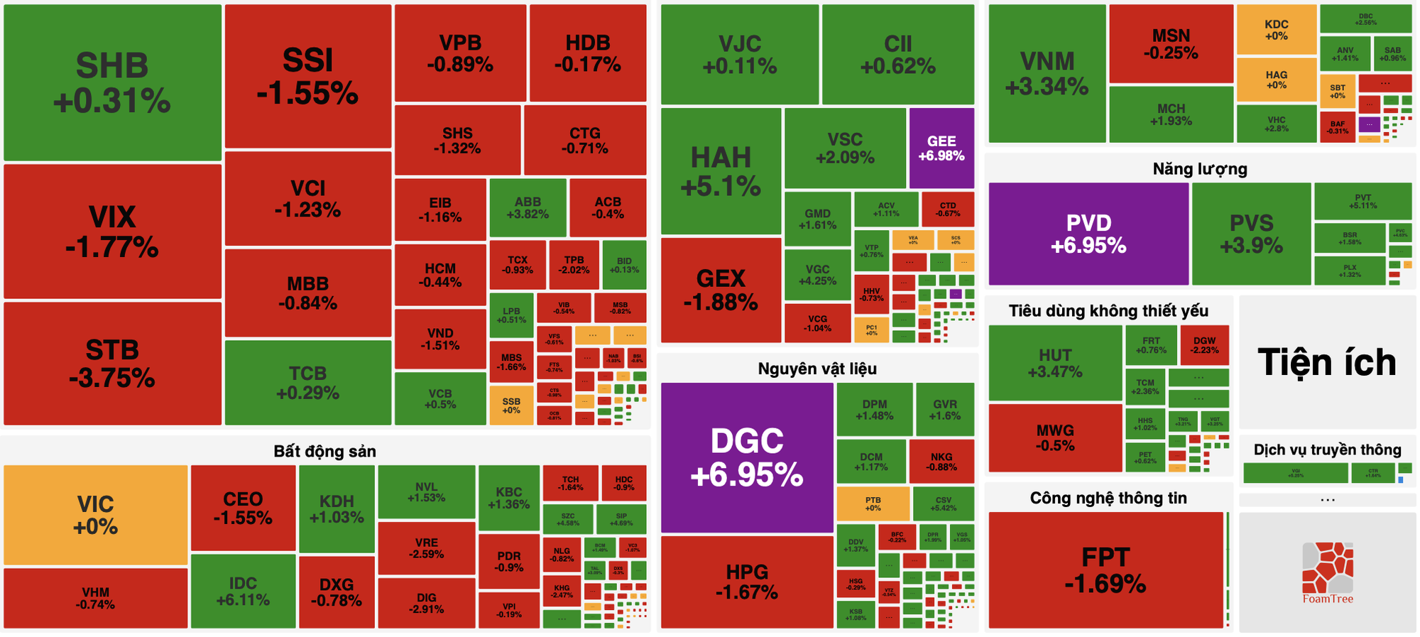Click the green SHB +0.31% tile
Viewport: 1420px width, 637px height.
tap(112, 83)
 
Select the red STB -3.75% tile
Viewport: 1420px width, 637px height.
tap(112, 364)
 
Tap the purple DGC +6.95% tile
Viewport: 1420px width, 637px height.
tap(747, 457)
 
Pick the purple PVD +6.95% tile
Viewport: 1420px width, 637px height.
tap(1088, 234)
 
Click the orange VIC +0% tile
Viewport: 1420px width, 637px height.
tap(96, 515)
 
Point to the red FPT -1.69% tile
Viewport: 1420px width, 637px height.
tap(1105, 570)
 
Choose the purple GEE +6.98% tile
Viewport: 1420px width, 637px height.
tap(941, 148)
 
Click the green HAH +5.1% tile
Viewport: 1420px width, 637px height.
tap(721, 171)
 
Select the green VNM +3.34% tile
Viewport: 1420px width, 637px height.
tap(1047, 73)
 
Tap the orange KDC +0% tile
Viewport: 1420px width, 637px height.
tap(1277, 29)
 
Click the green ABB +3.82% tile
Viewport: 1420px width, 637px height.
tap(528, 207)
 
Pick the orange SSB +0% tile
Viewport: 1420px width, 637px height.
tap(511, 405)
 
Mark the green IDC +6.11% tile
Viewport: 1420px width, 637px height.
tap(243, 591)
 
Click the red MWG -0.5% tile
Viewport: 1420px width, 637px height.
tap(1055, 437)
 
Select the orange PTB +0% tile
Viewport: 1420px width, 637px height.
tap(873, 503)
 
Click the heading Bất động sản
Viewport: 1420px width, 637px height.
tap(324, 451)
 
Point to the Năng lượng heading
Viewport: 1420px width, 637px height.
tap(1200, 169)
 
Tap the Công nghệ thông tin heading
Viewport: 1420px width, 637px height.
tap(1108, 498)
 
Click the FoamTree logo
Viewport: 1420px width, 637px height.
tap(1328, 572)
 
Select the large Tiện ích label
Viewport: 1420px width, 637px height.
tap(1326, 362)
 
